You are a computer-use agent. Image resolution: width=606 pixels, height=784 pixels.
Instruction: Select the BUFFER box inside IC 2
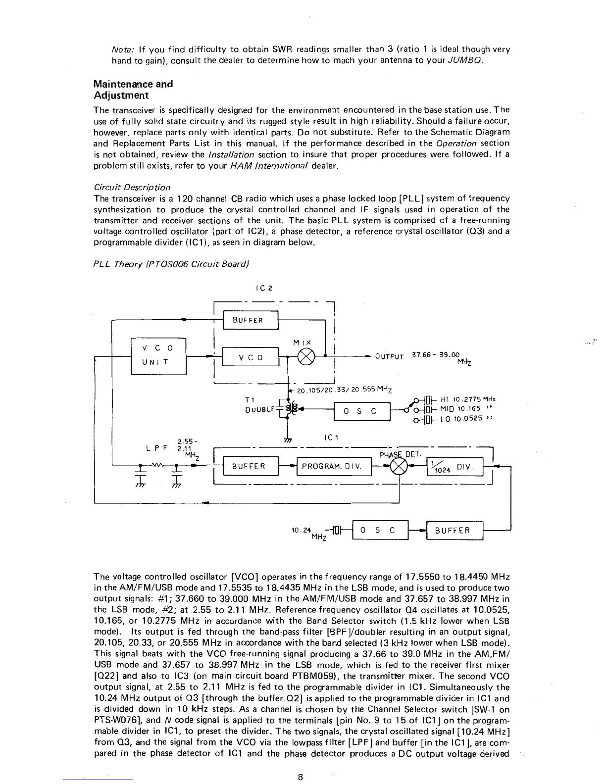point(252,320)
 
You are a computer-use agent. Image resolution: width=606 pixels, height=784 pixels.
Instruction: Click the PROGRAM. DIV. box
point(333,466)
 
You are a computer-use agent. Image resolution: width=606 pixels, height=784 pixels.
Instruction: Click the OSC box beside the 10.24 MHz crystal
point(379,530)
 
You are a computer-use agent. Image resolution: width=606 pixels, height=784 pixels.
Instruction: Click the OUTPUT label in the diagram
point(389,356)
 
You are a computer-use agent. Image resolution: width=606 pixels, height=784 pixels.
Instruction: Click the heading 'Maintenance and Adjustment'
point(133,90)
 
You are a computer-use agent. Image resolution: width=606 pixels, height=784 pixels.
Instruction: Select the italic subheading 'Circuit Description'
point(132,187)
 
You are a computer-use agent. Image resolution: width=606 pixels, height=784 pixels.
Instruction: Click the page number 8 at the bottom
point(301,777)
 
